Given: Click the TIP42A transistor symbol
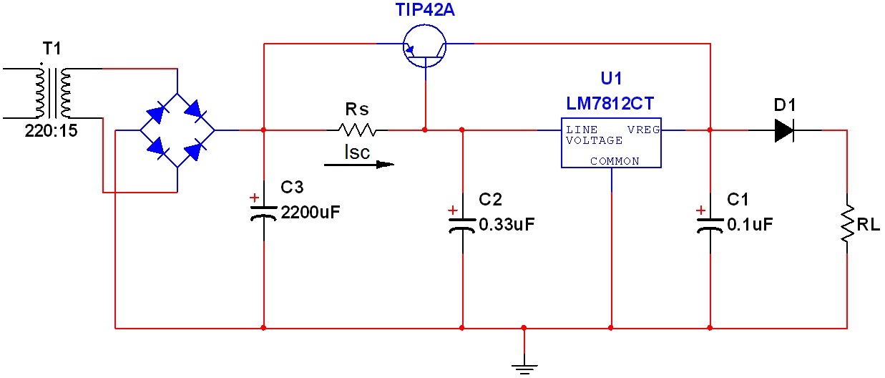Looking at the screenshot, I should tap(424, 44).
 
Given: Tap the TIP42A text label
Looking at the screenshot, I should tap(425, 10).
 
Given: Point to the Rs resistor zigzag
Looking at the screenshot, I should tap(357, 130).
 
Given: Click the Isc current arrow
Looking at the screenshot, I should tap(358, 164).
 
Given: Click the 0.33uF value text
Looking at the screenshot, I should tap(507, 224).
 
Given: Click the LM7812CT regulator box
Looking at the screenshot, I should tap(611, 143).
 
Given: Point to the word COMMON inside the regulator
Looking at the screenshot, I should tap(615, 161).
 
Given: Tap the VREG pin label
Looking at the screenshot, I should tap(643, 130).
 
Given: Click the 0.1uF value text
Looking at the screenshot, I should tap(750, 224).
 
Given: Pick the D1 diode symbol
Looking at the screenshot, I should tap(785, 130).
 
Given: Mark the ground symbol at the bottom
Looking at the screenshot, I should tap(524, 367).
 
